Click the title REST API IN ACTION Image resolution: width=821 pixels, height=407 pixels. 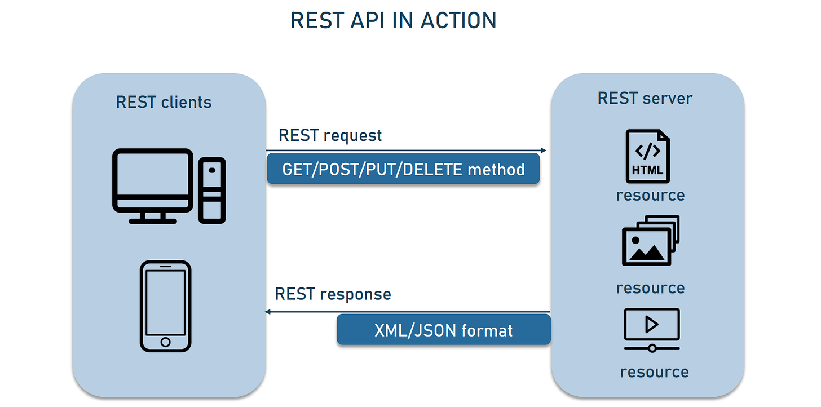[393, 21]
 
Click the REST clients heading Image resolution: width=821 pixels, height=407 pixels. [164, 102]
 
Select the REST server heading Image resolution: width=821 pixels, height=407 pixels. [645, 98]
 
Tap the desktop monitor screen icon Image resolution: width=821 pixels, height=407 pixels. [153, 179]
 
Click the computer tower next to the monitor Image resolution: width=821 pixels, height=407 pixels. [212, 189]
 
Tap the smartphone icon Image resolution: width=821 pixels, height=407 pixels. [165, 306]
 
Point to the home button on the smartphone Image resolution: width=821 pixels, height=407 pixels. [165, 342]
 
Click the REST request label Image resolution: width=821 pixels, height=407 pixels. [330, 135]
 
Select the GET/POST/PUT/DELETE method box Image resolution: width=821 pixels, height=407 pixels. [403, 169]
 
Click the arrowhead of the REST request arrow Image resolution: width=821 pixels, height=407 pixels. [544, 151]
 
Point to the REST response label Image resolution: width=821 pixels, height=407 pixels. [333, 294]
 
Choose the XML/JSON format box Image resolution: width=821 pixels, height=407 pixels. [443, 330]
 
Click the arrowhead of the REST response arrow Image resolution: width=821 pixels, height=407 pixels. [268, 312]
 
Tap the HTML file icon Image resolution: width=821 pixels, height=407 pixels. [648, 156]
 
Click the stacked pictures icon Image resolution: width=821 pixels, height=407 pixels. [650, 241]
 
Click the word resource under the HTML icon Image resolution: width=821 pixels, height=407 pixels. [650, 195]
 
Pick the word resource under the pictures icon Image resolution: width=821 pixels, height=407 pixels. [650, 287]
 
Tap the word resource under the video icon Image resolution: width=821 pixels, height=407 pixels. [654, 372]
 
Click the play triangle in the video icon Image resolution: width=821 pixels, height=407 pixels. [652, 324]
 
